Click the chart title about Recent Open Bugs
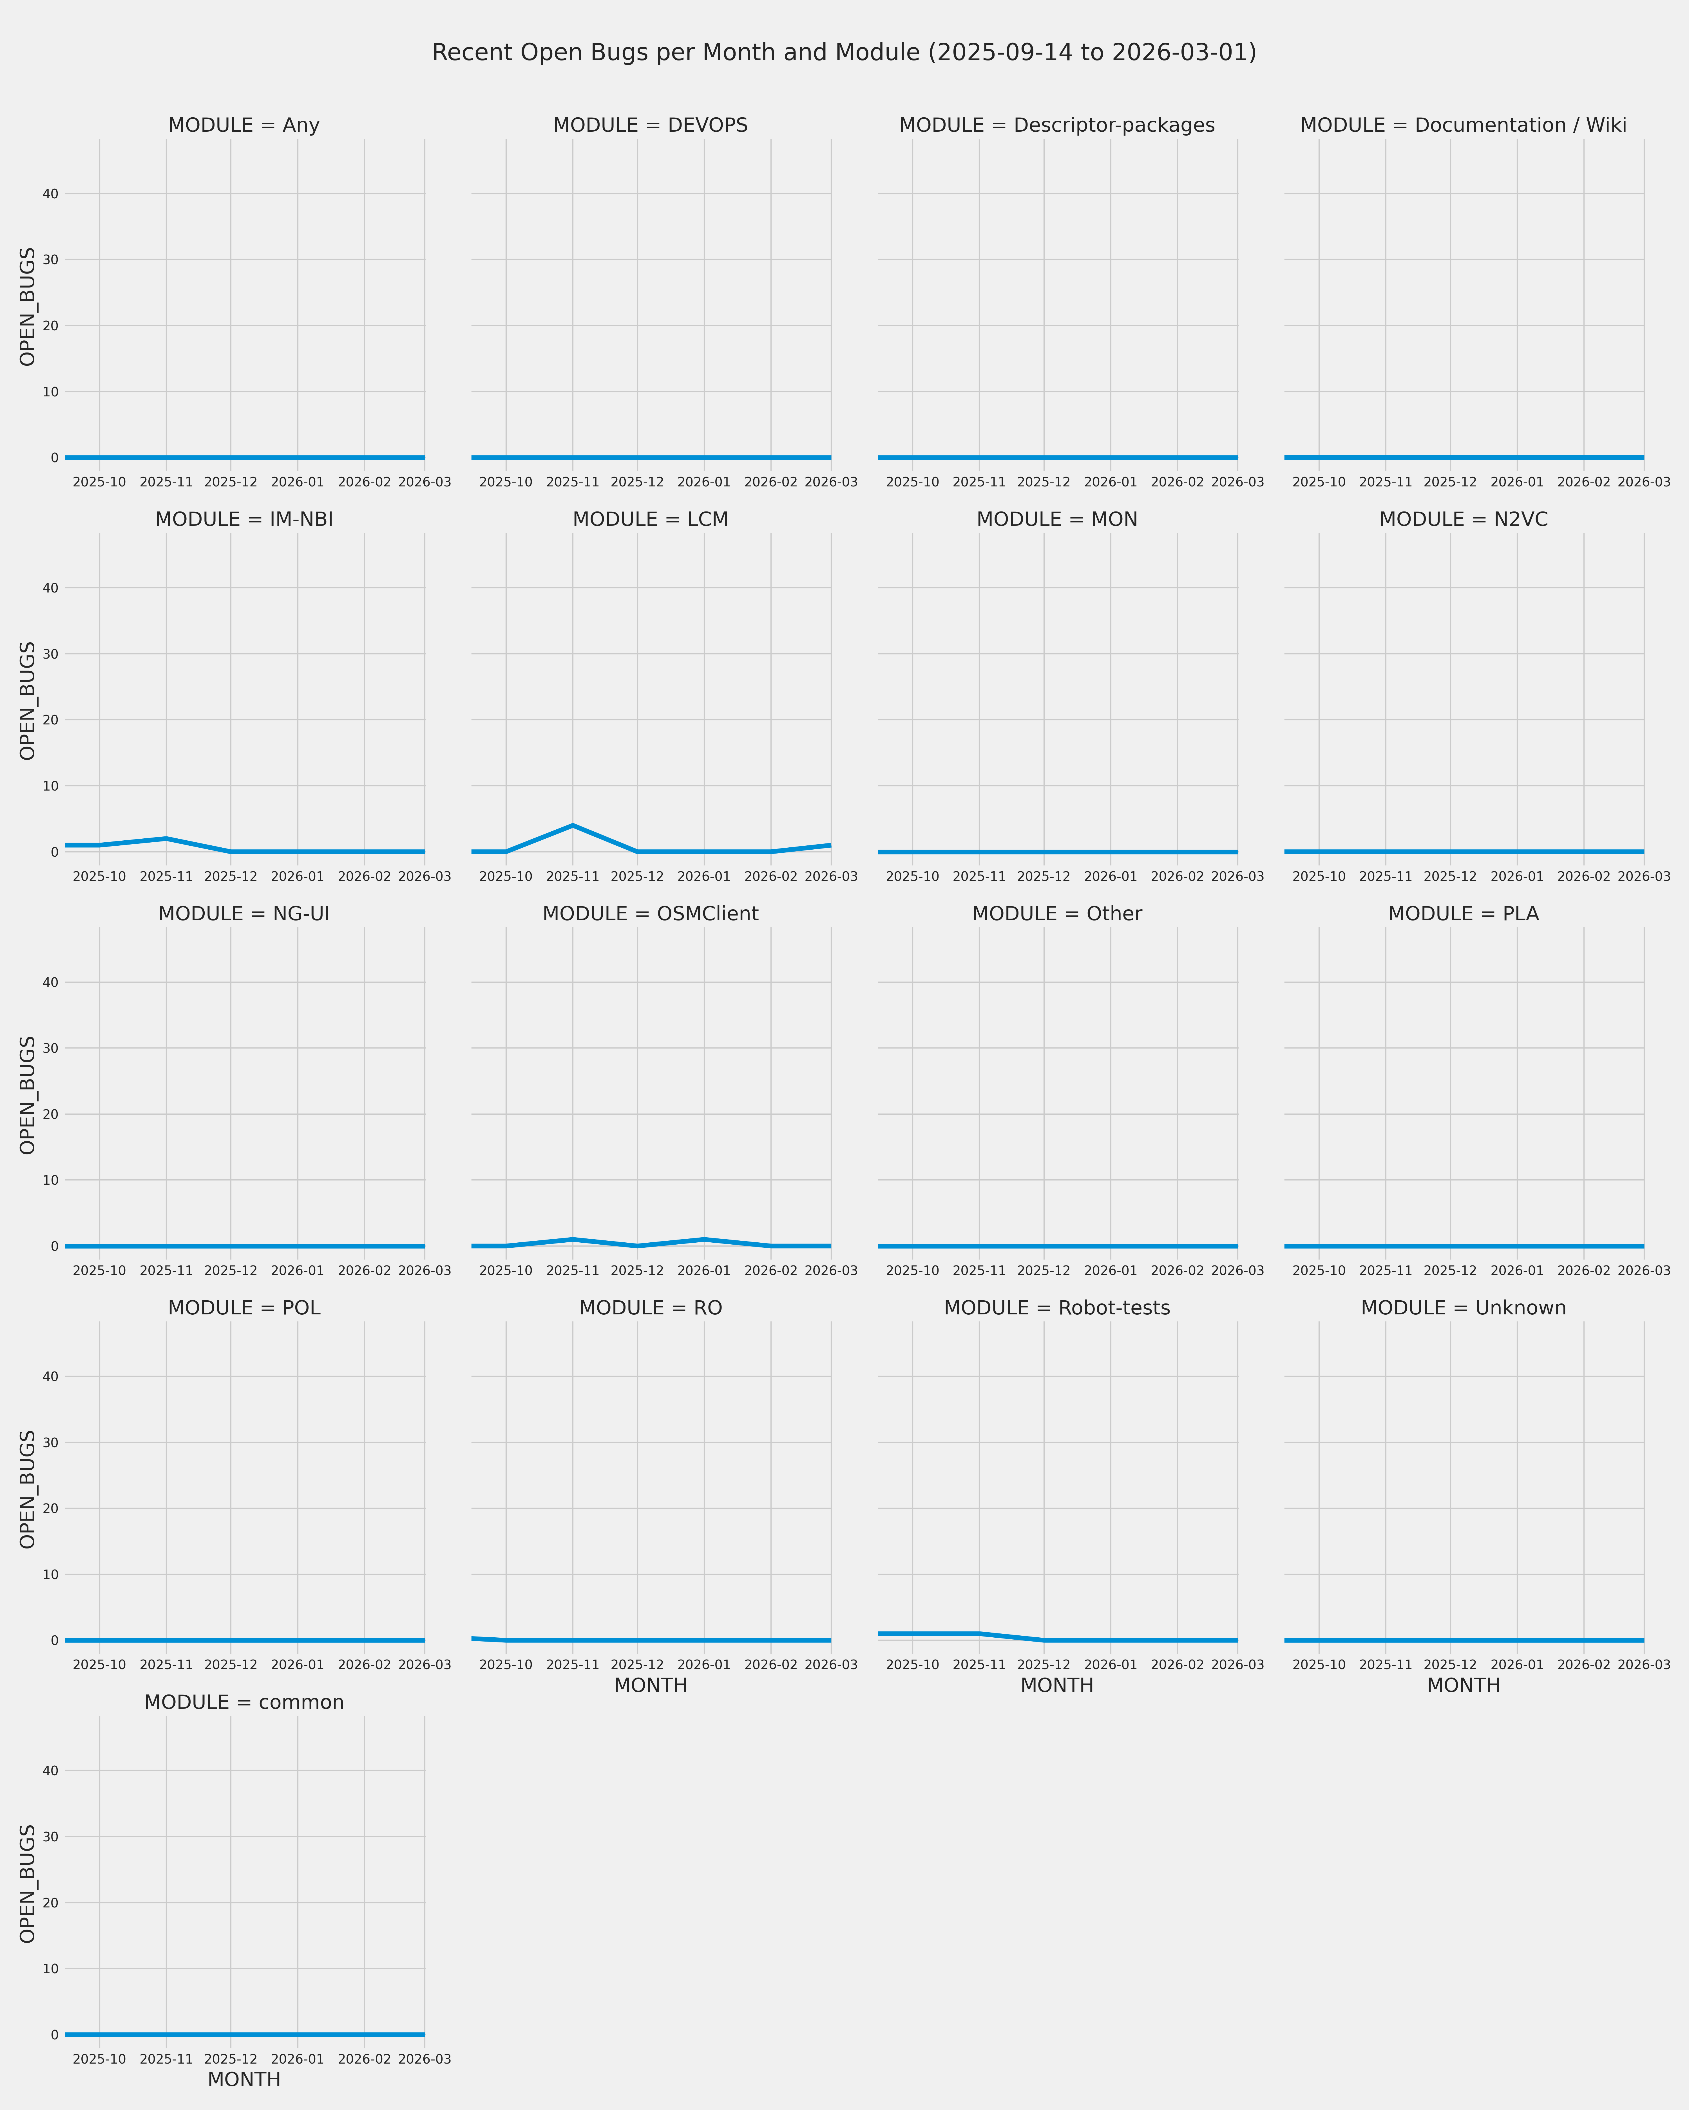click(x=844, y=53)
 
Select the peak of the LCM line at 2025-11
click(x=573, y=825)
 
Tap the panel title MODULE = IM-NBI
click(x=244, y=520)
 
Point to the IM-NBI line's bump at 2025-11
click(x=166, y=839)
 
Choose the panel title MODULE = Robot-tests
click(x=1056, y=1308)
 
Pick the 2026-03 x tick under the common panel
click(x=424, y=2059)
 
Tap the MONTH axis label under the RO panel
click(x=650, y=1685)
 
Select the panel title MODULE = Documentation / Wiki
click(x=1463, y=125)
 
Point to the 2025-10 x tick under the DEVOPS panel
click(x=505, y=482)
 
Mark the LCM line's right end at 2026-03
click(x=830, y=845)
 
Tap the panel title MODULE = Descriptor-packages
click(x=1056, y=125)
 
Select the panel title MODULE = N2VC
click(x=1463, y=520)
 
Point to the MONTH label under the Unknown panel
click(x=1463, y=1685)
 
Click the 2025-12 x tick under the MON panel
click(x=1044, y=877)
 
